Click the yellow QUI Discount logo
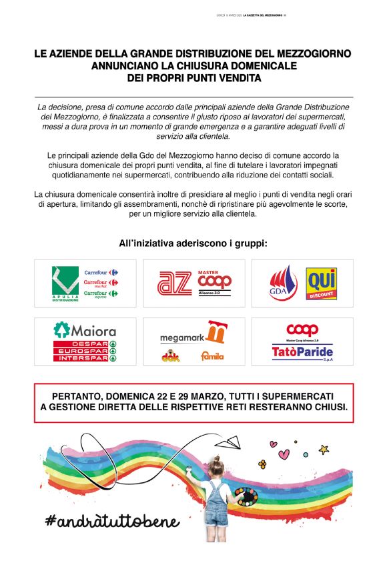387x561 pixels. (321, 284)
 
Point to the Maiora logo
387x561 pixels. (85, 330)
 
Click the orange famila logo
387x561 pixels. (212, 356)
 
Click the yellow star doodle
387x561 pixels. (324, 448)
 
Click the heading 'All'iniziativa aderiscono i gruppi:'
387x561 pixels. (193, 243)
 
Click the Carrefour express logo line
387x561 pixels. (100, 294)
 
